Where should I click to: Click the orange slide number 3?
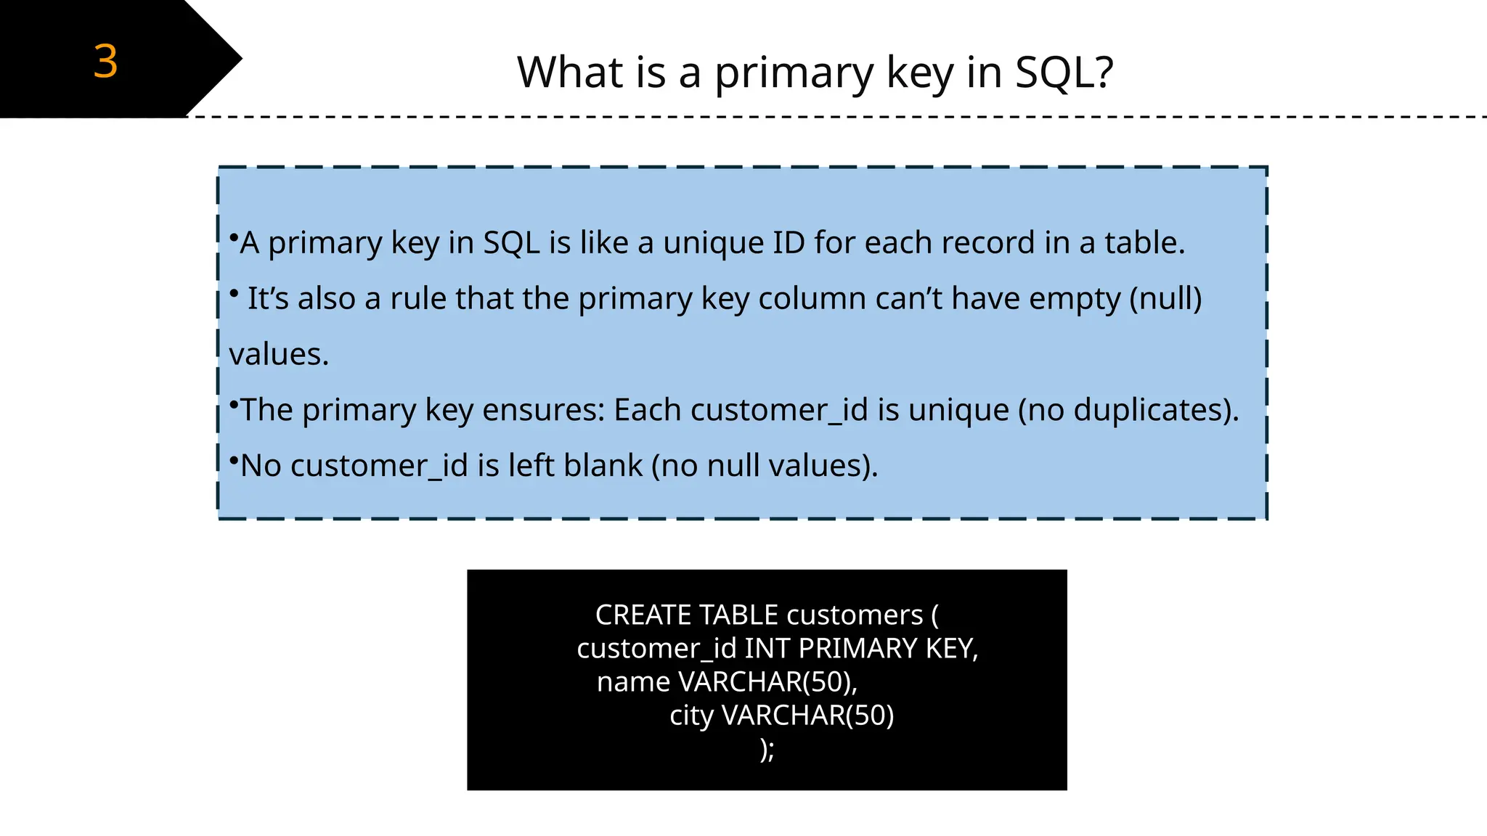105,61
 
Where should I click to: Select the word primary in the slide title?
794,73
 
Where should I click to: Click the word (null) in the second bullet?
1165,298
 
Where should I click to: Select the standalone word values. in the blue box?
279,354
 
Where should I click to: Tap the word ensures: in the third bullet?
543,410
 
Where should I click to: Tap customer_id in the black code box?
656,649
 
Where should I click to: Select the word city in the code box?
691,716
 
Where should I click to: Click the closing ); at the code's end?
767,749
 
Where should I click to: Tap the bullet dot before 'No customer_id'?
234,460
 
